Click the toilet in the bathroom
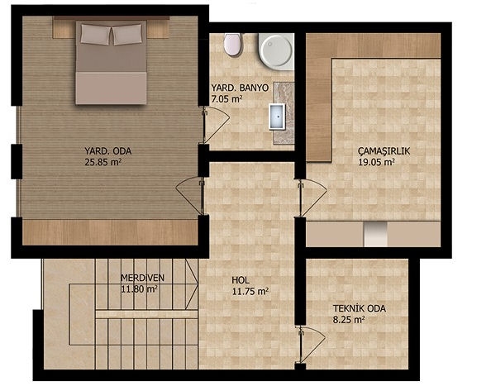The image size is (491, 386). pyautogui.click(x=232, y=45)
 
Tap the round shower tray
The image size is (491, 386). pyautogui.click(x=276, y=51)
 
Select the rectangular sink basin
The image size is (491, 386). pyautogui.click(x=277, y=117)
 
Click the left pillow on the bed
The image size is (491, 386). pyautogui.click(x=96, y=34)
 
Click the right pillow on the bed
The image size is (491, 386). pyautogui.click(x=126, y=35)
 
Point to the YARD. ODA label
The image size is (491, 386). pyautogui.click(x=107, y=151)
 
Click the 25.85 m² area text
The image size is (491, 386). pyautogui.click(x=102, y=162)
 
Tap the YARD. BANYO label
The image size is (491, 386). pyautogui.click(x=240, y=88)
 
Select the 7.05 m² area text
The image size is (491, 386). pyautogui.click(x=226, y=99)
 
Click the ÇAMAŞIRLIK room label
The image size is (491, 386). pyautogui.click(x=384, y=151)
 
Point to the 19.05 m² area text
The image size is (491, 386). pyautogui.click(x=376, y=162)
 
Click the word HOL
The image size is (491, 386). pyautogui.click(x=241, y=280)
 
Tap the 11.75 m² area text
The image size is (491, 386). pyautogui.click(x=250, y=292)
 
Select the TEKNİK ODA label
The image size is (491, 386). pyautogui.click(x=360, y=308)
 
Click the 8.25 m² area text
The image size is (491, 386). pyautogui.click(x=349, y=320)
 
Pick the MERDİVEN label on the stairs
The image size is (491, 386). pyautogui.click(x=142, y=278)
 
